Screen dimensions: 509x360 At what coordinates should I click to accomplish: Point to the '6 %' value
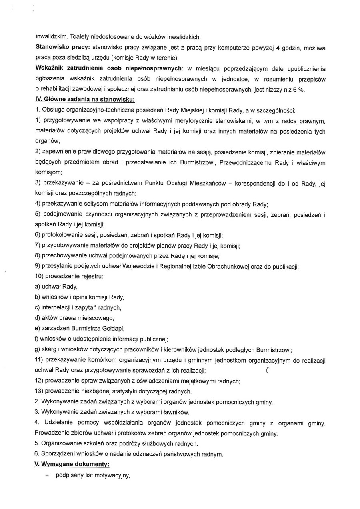[298, 89]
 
